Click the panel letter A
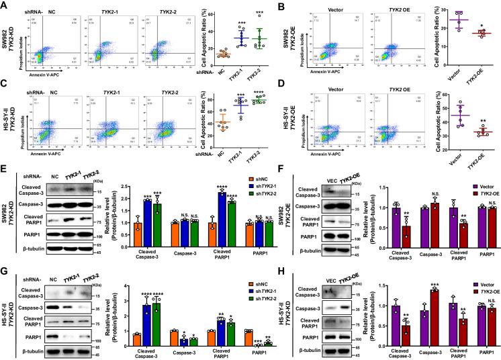pos(5,5)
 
